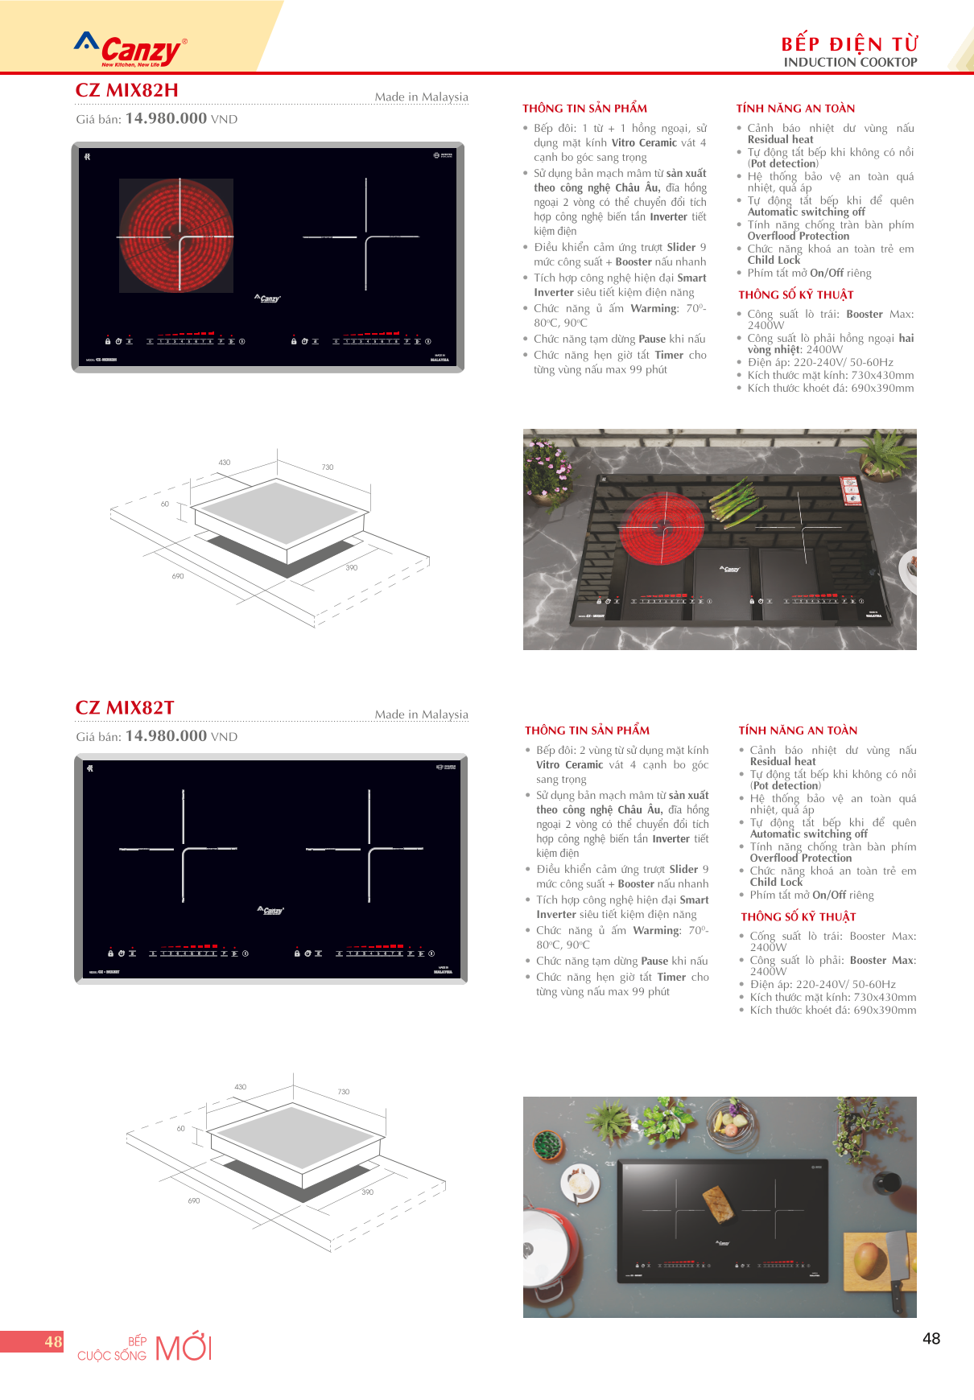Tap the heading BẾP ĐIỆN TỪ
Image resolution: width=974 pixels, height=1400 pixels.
[x=849, y=43]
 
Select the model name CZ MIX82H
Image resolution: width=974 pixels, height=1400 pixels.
[x=126, y=91]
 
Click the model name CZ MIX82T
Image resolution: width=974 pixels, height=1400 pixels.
[x=125, y=708]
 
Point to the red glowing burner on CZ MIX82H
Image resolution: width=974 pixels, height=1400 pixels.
[x=176, y=236]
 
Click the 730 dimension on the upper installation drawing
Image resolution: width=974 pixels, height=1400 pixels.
[x=328, y=467]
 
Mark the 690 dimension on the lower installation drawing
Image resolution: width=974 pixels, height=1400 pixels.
[x=194, y=1200]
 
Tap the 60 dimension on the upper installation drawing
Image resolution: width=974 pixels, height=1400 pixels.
[x=165, y=504]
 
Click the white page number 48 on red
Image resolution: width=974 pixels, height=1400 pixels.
[x=53, y=1341]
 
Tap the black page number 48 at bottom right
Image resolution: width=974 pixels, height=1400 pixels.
[x=931, y=1339]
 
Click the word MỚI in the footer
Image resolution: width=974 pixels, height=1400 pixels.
[x=184, y=1348]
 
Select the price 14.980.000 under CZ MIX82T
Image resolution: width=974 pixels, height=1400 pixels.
[x=166, y=736]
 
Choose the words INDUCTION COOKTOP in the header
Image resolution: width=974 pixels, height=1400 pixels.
[x=850, y=63]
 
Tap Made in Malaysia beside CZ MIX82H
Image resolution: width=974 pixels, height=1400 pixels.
[x=421, y=97]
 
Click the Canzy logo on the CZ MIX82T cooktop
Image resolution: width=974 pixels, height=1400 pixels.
[x=270, y=910]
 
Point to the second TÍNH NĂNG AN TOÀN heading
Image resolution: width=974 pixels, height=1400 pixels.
[x=798, y=731]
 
